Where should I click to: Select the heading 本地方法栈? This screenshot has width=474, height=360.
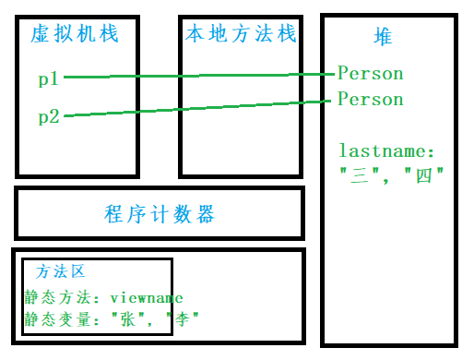point(238,35)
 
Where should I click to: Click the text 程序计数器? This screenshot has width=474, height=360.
point(160,215)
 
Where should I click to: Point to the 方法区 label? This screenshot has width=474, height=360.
point(61,272)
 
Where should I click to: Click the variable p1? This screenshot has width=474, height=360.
point(49,79)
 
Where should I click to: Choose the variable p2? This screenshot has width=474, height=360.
point(49,116)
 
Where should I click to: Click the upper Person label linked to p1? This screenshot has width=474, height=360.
point(370,73)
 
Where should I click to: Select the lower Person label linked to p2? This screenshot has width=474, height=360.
point(370,99)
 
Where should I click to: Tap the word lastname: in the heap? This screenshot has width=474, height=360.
point(386,150)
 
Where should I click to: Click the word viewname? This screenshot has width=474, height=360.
point(147,298)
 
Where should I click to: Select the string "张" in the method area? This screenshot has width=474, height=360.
point(127,318)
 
